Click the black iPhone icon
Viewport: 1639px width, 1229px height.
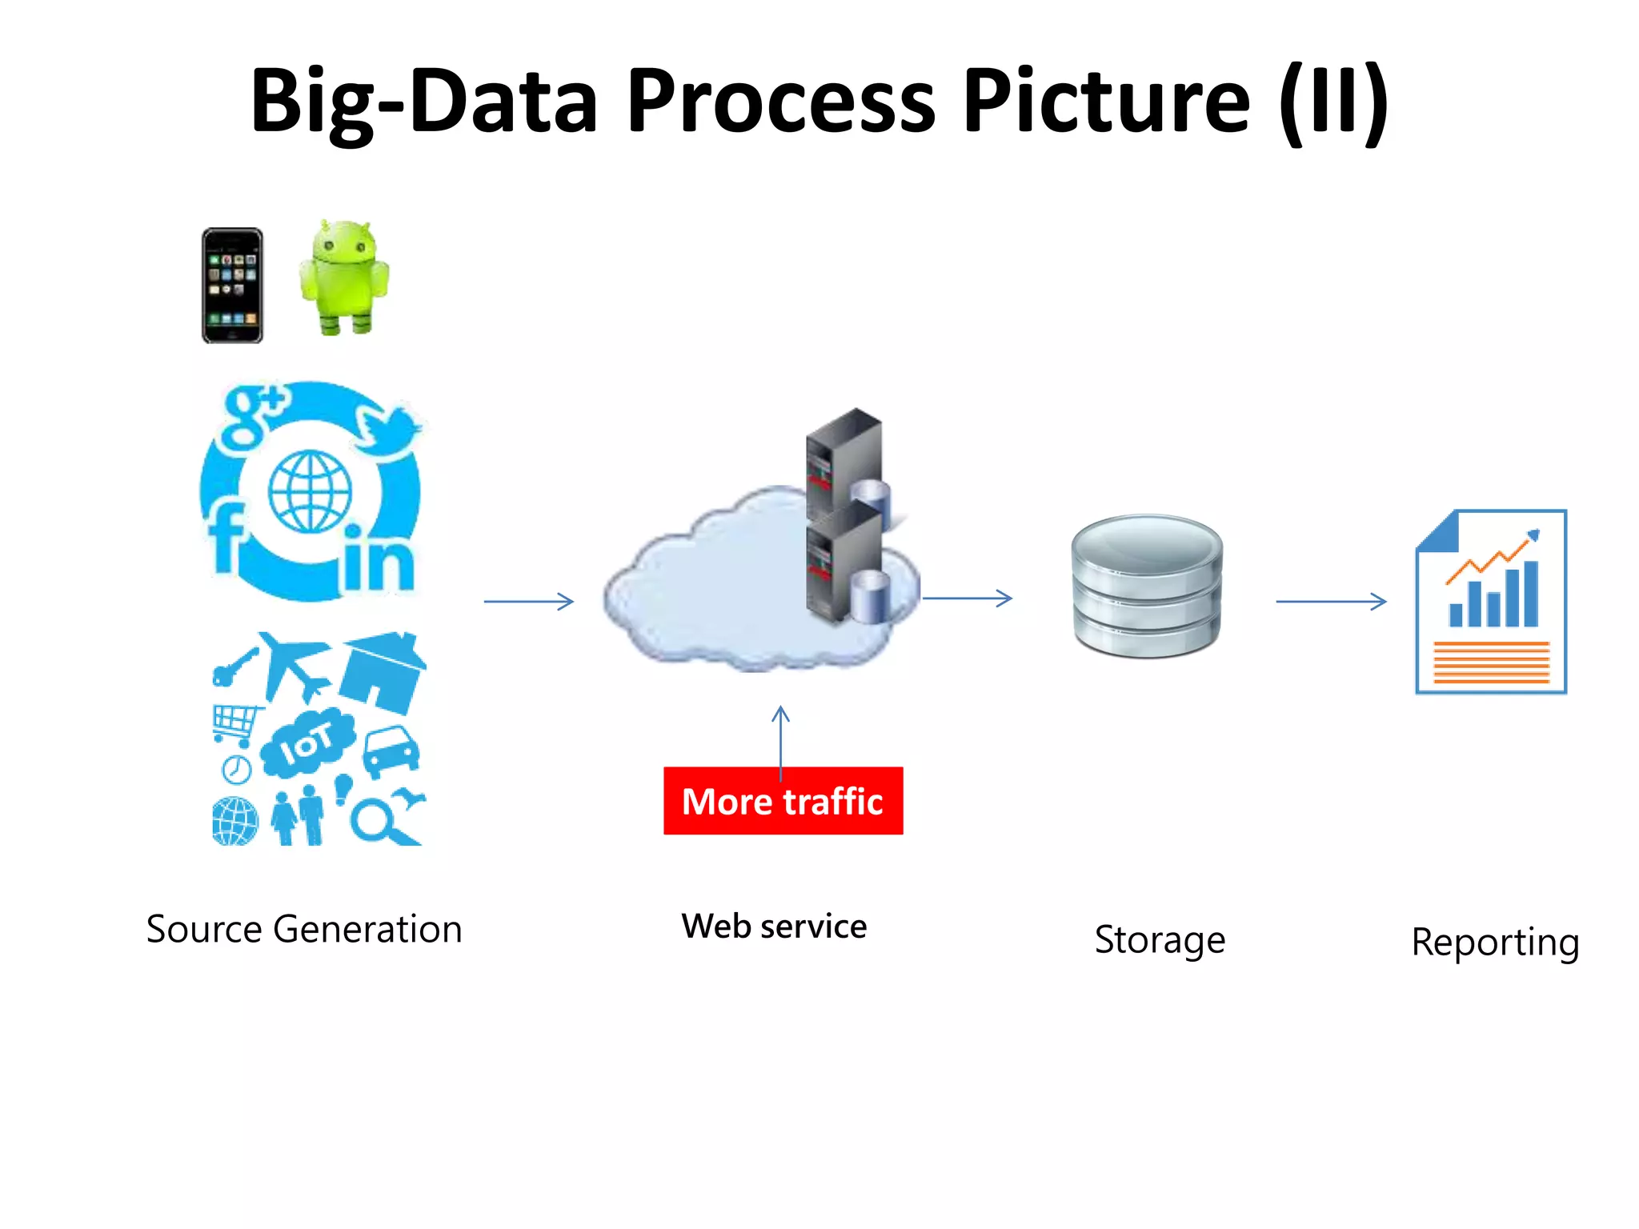(x=232, y=286)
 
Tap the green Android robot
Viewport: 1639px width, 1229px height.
(x=344, y=276)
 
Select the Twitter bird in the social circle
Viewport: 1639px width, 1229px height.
(x=388, y=428)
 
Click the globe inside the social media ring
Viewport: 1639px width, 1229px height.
(x=310, y=491)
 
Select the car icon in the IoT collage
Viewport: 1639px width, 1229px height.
(x=392, y=751)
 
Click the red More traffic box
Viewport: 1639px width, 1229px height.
(x=783, y=801)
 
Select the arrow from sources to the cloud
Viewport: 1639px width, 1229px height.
(x=528, y=601)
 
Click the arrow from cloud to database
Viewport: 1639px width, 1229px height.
(x=967, y=598)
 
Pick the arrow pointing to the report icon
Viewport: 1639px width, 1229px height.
(x=1330, y=601)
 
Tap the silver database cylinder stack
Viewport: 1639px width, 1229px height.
(x=1147, y=586)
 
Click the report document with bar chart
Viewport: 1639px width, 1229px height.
(x=1491, y=602)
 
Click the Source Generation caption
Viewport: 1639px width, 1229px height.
(x=304, y=929)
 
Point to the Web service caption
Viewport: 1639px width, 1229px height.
(x=774, y=927)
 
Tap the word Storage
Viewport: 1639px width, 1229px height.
(x=1159, y=939)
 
